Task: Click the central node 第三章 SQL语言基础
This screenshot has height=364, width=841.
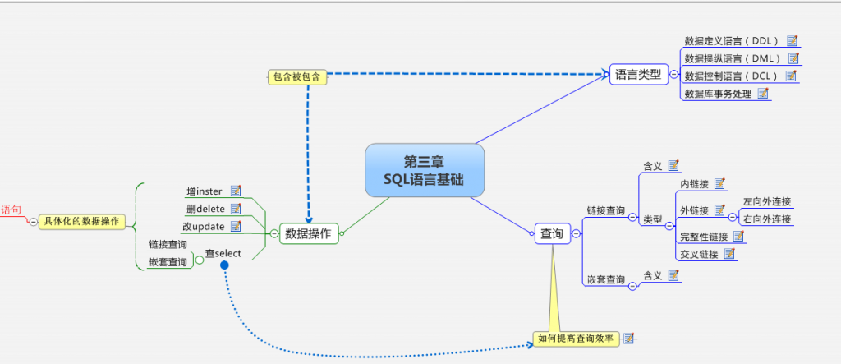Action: pyautogui.click(x=425, y=170)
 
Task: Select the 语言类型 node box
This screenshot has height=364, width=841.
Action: pyautogui.click(x=637, y=75)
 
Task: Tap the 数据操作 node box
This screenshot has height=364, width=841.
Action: pyautogui.click(x=308, y=234)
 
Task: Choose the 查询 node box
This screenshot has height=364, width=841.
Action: pyautogui.click(x=552, y=234)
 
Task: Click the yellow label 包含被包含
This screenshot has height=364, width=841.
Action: pyautogui.click(x=297, y=77)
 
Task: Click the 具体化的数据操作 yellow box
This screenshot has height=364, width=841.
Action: pyautogui.click(x=81, y=221)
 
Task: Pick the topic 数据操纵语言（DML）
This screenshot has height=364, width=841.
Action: pyautogui.click(x=732, y=59)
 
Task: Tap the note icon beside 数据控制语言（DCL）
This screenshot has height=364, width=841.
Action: pyautogui.click(x=791, y=76)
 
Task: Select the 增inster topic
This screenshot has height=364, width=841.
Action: pyautogui.click(x=205, y=191)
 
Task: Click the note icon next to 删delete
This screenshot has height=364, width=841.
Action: pyautogui.click(x=236, y=209)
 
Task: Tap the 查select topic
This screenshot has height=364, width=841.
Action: pyautogui.click(x=223, y=254)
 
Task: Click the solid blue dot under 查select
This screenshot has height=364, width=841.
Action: pyautogui.click(x=224, y=267)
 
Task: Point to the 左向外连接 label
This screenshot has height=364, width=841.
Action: pyautogui.click(x=767, y=202)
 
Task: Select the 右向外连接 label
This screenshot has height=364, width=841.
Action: pyautogui.click(x=767, y=219)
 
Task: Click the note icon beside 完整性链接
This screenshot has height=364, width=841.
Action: pyautogui.click(x=738, y=237)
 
